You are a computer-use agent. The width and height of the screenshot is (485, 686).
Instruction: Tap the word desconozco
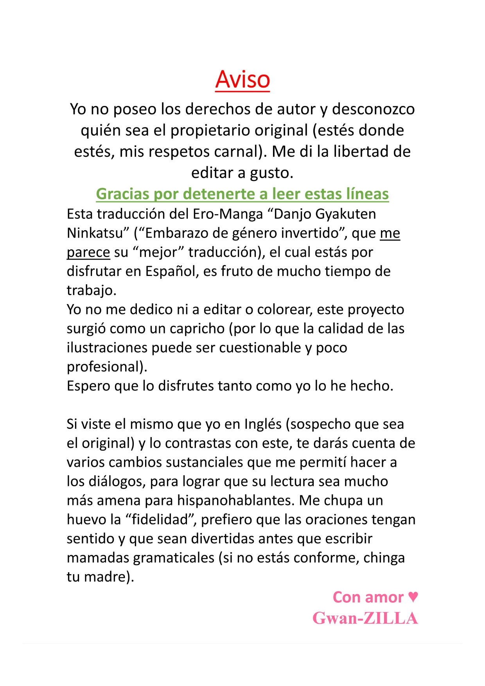373,109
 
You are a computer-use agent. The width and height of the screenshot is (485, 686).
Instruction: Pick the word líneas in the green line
367,194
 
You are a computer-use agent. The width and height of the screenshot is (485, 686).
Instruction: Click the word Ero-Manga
228,214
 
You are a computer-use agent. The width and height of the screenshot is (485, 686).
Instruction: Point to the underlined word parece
88,252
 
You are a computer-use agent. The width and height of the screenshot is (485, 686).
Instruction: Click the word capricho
199,329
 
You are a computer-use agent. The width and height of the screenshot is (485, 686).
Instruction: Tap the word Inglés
263,424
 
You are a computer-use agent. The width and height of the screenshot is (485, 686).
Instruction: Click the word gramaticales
174,558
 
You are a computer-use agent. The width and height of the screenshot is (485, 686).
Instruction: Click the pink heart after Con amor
413,597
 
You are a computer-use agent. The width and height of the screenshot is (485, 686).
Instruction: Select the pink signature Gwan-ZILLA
365,618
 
